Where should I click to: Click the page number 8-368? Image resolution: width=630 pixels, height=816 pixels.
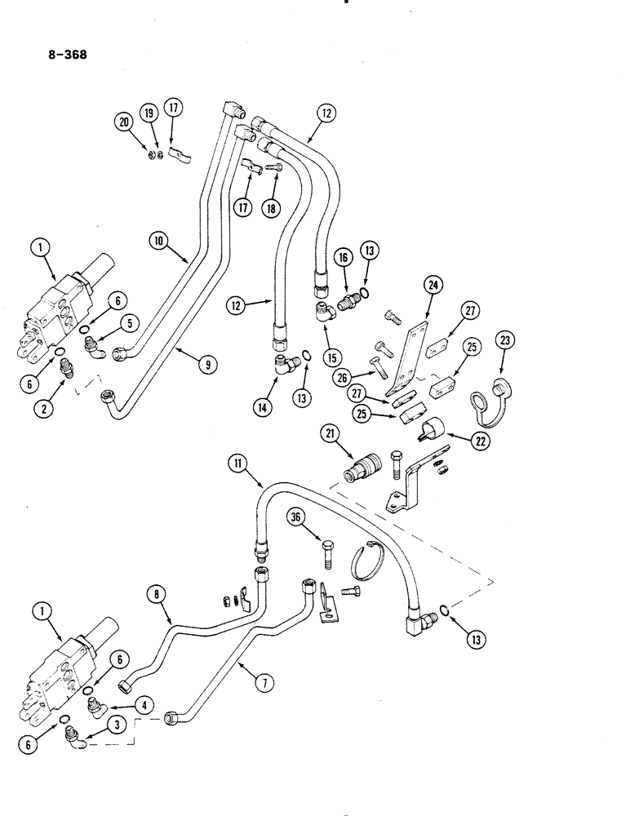coord(63,56)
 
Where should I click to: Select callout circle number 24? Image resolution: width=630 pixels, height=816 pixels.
coord(432,285)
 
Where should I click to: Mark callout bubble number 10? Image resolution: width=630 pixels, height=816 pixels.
coord(159,240)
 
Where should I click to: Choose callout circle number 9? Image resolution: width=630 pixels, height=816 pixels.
coord(211,366)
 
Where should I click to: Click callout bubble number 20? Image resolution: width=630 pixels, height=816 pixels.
coord(124,122)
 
